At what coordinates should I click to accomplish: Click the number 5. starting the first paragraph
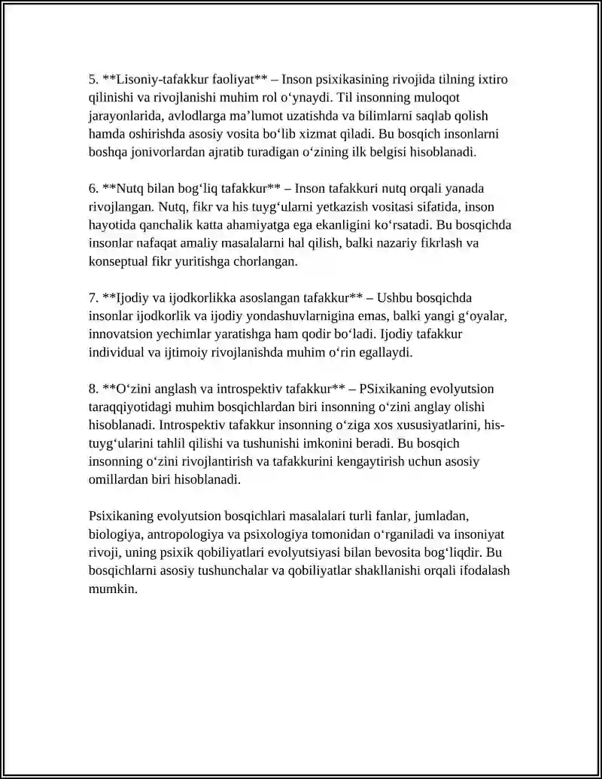point(93,79)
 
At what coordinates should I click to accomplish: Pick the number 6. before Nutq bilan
point(93,187)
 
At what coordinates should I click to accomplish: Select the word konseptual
point(120,260)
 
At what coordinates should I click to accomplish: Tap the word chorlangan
point(264,260)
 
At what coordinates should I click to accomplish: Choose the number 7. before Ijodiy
point(93,297)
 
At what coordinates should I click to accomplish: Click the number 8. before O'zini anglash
point(93,388)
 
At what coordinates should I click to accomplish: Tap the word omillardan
point(120,478)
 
